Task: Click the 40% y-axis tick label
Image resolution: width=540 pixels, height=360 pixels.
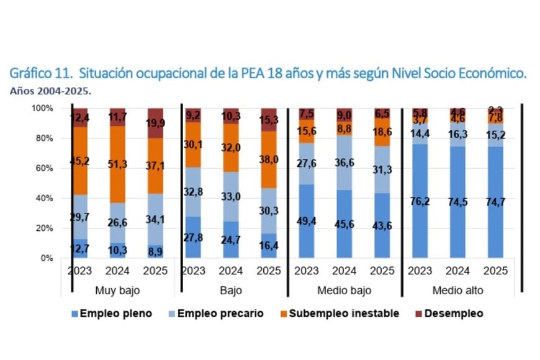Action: pos(44,198)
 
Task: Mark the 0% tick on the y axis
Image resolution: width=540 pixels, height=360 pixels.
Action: pos(47,258)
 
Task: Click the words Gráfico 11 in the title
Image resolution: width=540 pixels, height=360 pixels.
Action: pos(40,73)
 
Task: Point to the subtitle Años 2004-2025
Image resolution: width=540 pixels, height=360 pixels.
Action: pos(50,91)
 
